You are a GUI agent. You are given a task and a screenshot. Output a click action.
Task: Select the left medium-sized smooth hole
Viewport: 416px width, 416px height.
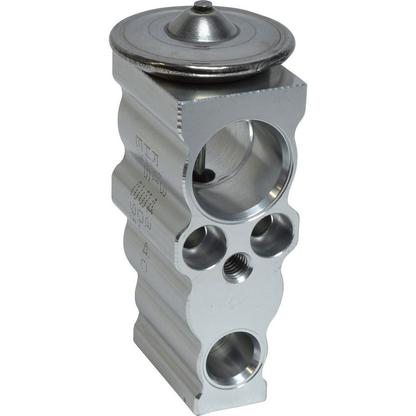pos(204,247)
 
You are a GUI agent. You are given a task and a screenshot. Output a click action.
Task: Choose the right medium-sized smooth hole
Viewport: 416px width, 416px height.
pos(271,235)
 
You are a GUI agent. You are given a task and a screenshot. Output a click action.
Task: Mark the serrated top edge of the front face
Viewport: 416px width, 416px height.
pos(244,95)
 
